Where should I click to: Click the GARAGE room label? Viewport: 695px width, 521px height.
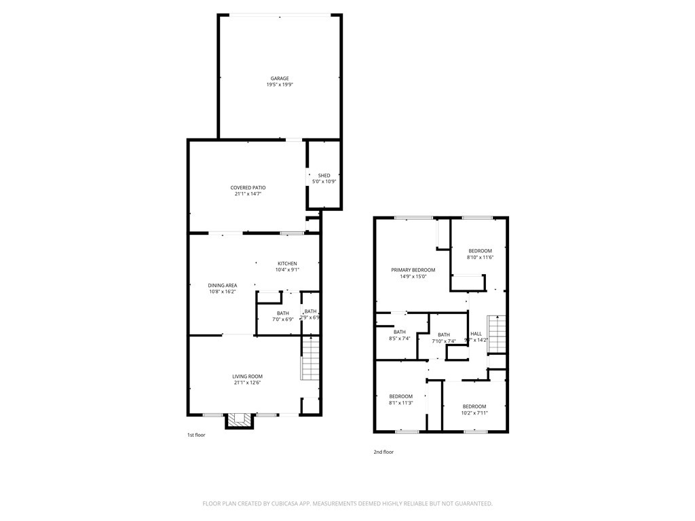(x=280, y=79)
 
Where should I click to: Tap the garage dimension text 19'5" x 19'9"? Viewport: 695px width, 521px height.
(x=280, y=85)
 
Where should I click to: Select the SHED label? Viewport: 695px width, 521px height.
(x=324, y=176)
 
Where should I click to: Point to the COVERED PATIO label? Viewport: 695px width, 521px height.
(x=248, y=187)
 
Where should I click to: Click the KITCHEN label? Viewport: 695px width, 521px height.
(x=287, y=263)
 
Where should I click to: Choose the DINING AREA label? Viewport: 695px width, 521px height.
(x=222, y=285)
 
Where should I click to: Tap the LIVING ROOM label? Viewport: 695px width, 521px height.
(x=248, y=377)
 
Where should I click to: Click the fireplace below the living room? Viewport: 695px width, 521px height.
(x=240, y=421)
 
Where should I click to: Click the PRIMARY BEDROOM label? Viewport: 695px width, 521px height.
(x=413, y=270)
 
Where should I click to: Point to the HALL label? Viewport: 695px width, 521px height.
(x=476, y=334)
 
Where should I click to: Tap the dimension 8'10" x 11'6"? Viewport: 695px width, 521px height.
(x=479, y=257)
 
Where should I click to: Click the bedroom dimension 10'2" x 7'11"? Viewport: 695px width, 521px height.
(x=474, y=412)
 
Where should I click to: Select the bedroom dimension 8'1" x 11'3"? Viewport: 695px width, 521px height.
(x=400, y=402)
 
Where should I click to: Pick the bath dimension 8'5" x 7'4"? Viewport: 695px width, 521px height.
(x=399, y=339)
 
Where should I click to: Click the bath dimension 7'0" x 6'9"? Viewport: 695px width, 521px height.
(x=282, y=320)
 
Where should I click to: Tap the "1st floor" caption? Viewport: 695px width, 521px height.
(x=196, y=435)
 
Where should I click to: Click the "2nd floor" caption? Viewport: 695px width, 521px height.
(x=383, y=452)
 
